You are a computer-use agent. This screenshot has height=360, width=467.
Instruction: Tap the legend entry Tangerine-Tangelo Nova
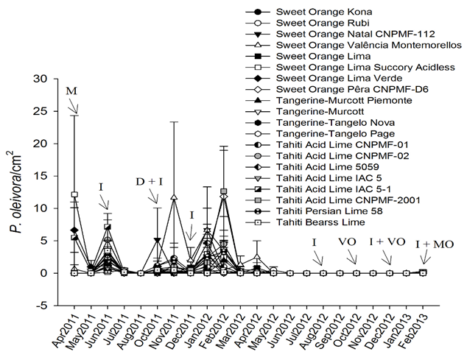click(x=323, y=122)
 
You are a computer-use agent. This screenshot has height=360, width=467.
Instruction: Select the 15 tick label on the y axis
click(x=48, y=176)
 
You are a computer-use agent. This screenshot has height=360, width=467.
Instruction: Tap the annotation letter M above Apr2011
click(x=71, y=91)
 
